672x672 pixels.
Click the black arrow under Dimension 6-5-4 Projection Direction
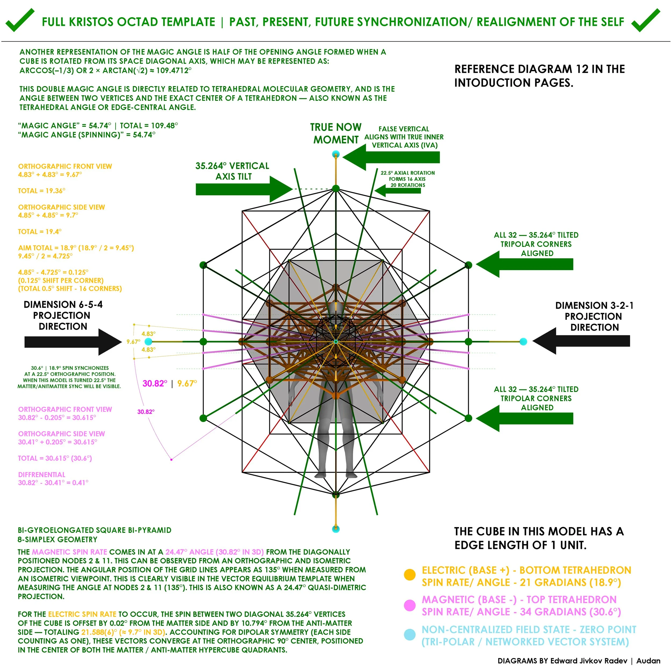pyautogui.click(x=73, y=342)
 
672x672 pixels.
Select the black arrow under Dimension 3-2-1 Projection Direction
pyautogui.click(x=581, y=341)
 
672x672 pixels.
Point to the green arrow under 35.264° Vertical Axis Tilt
pyautogui.click(x=244, y=189)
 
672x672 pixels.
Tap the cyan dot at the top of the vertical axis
pyautogui.click(x=336, y=154)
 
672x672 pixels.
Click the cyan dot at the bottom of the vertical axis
pyautogui.click(x=336, y=529)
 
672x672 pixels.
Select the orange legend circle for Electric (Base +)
pyautogui.click(x=410, y=575)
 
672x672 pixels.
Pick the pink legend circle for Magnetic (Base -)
pyautogui.click(x=410, y=605)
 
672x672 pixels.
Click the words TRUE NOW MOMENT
pyautogui.click(x=336, y=134)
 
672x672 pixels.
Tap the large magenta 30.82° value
pyautogui.click(x=155, y=384)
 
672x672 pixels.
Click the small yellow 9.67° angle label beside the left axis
pyautogui.click(x=133, y=342)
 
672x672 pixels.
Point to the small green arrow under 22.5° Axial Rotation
pyautogui.click(x=398, y=191)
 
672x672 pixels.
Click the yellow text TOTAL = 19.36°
pyautogui.click(x=42, y=191)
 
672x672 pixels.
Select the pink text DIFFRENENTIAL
pyautogui.click(x=42, y=475)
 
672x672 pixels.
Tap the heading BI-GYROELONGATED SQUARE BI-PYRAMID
pyautogui.click(x=95, y=530)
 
